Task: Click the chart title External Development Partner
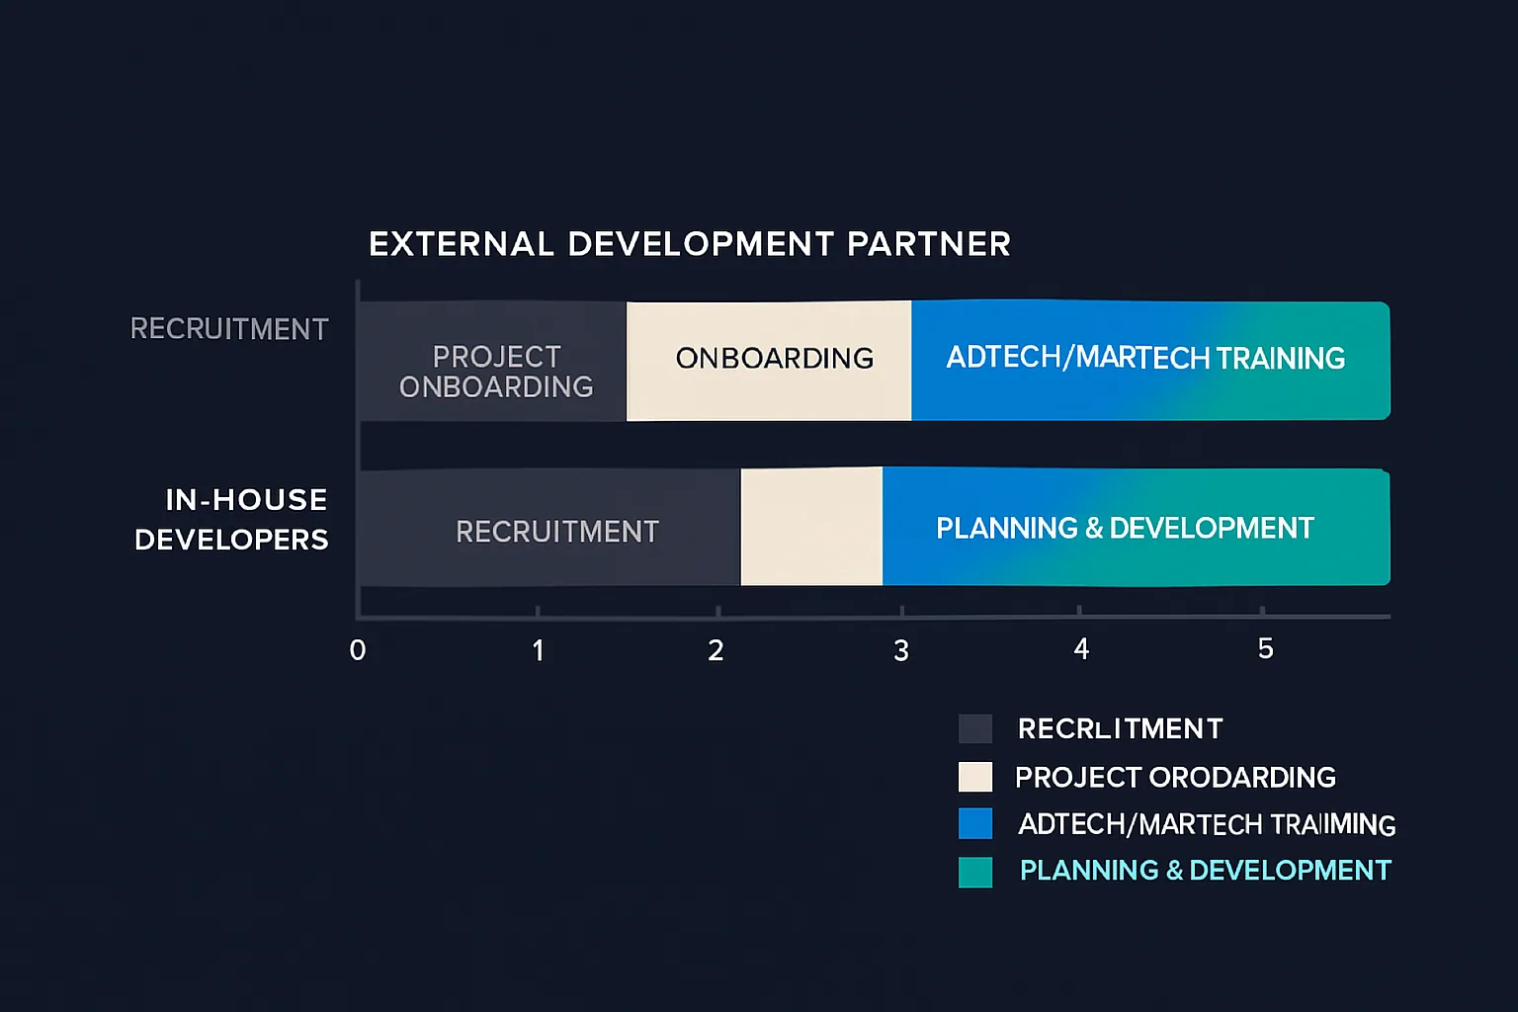click(x=689, y=244)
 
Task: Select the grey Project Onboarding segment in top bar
click(x=493, y=362)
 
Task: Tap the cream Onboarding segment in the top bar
click(x=769, y=362)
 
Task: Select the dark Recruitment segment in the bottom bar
click(x=549, y=529)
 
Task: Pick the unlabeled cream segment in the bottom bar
click(x=811, y=527)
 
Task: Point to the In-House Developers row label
click(x=232, y=520)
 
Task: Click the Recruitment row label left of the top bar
click(x=229, y=329)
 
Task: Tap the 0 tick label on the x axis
click(x=358, y=650)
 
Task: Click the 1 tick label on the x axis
click(x=538, y=650)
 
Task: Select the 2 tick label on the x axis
click(x=717, y=650)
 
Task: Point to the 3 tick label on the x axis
click(x=900, y=650)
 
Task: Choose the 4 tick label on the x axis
click(x=1081, y=649)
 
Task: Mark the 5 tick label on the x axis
click(x=1265, y=649)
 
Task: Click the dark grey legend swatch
click(x=975, y=728)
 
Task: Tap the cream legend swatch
click(x=975, y=777)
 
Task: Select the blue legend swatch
click(x=975, y=823)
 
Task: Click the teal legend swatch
click(x=975, y=872)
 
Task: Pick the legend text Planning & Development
click(x=1205, y=871)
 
